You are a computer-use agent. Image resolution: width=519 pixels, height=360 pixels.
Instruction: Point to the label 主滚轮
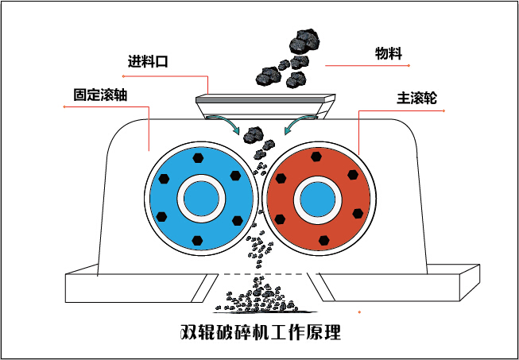pyautogui.click(x=416, y=100)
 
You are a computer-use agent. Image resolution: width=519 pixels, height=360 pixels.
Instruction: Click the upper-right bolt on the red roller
pyautogui.click(x=354, y=176)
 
